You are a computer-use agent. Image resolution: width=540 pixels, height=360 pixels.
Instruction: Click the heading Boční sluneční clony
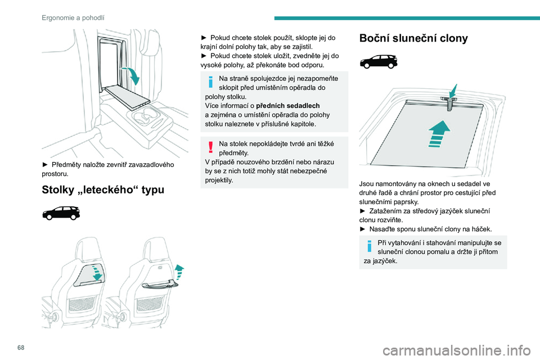[x=413, y=38]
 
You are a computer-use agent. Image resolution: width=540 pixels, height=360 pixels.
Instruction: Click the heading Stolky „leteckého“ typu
[x=103, y=190]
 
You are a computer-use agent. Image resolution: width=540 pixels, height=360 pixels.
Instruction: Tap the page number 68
[x=21, y=348]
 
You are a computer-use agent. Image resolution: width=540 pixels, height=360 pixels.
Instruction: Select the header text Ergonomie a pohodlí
[x=73, y=17]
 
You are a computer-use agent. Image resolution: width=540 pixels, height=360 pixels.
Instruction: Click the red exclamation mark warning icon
[x=211, y=147]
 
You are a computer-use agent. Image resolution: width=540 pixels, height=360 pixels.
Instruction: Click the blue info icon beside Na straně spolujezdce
[x=211, y=82]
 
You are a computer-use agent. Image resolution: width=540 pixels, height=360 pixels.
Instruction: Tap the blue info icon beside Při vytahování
[x=369, y=246]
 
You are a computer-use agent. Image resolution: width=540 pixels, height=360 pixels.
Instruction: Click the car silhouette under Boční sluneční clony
[x=379, y=62]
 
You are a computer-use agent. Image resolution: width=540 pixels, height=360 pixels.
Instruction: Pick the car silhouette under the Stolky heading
[x=61, y=213]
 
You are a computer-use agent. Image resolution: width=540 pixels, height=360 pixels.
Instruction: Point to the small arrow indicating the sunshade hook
[x=453, y=91]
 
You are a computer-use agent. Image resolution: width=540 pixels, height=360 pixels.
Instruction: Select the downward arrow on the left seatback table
[x=97, y=272]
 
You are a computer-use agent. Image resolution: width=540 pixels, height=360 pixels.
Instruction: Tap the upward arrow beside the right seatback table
[x=179, y=272]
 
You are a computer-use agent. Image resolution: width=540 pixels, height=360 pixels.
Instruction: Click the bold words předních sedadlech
[x=288, y=106]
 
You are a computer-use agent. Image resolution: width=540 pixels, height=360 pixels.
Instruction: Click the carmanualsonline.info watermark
[x=456, y=350]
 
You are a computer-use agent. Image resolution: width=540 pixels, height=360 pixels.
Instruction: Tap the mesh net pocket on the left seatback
[x=82, y=304]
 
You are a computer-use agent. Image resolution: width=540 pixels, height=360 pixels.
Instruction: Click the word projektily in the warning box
[x=218, y=180]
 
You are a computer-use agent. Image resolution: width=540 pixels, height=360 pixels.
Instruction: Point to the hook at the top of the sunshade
[x=449, y=103]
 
